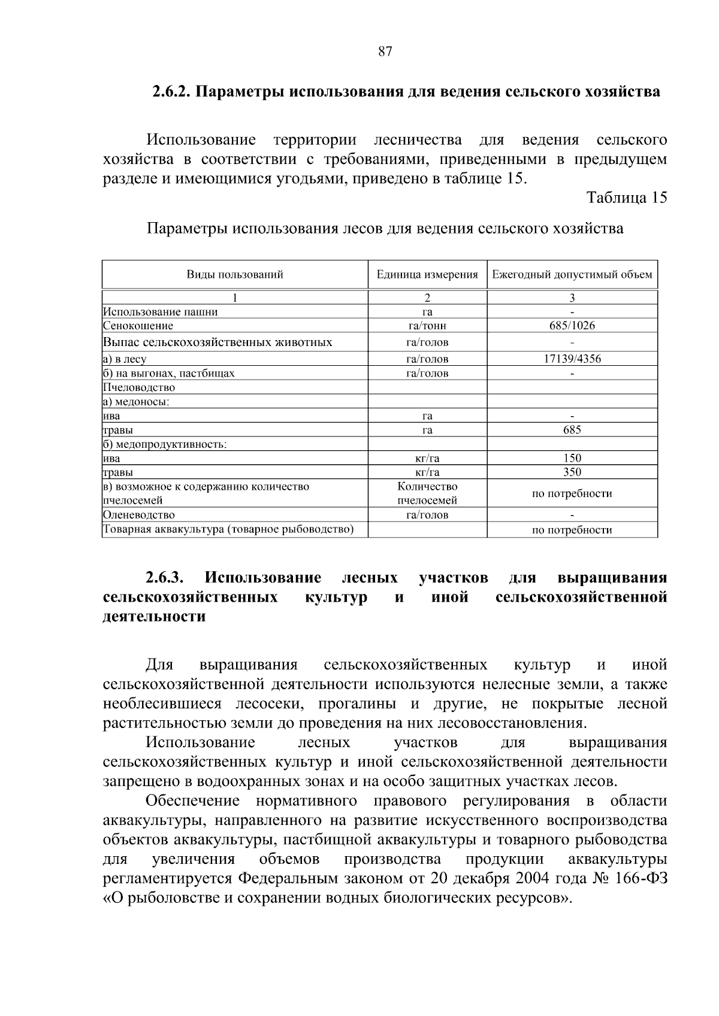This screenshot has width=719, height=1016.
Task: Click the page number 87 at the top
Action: [x=385, y=51]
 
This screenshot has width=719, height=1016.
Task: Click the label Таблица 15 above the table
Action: [x=626, y=198]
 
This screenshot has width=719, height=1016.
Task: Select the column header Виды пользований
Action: [x=234, y=275]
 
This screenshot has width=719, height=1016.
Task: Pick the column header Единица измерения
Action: [x=427, y=275]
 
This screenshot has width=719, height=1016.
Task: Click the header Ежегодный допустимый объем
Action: [x=572, y=275]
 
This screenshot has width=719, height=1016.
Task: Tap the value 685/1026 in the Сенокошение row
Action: [x=572, y=326]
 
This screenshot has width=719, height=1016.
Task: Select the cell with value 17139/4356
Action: [x=572, y=359]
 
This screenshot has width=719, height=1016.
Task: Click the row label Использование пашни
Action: [x=161, y=312]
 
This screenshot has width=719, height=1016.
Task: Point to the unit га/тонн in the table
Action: [x=427, y=326]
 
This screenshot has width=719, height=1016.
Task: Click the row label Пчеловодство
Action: [x=139, y=387]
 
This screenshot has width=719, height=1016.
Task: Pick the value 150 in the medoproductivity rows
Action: [x=572, y=459]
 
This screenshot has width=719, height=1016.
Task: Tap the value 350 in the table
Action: [x=572, y=472]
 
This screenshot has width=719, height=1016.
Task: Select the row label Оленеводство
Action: [x=139, y=515]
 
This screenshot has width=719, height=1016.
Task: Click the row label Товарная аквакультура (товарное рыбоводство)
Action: [x=228, y=529]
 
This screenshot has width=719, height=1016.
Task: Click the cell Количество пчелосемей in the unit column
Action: [x=427, y=493]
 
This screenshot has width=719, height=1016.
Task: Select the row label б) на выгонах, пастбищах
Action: [x=169, y=374]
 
